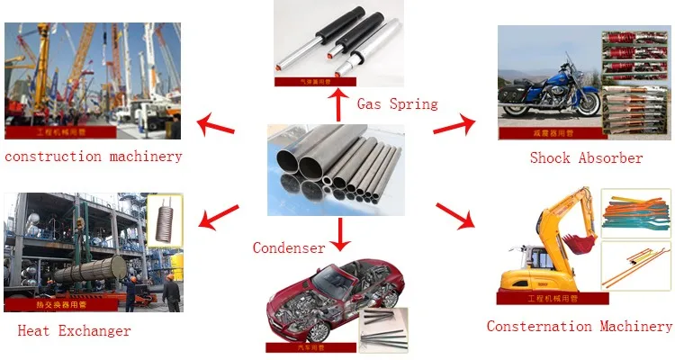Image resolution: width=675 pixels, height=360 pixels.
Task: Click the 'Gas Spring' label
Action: tap(397, 103)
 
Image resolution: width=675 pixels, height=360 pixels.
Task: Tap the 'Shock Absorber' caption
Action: tap(586, 158)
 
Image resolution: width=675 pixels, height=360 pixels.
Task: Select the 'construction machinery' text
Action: tap(93, 157)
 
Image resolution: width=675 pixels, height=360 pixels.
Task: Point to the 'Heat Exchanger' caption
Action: tap(74, 331)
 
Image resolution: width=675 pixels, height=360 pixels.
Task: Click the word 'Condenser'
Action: tap(288, 247)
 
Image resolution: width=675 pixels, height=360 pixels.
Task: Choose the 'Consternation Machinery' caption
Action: tap(579, 327)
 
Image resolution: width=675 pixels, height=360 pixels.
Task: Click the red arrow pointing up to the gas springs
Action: tap(338, 105)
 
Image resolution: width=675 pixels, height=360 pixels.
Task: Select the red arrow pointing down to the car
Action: tap(339, 235)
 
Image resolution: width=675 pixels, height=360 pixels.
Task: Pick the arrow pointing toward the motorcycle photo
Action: tap(455, 124)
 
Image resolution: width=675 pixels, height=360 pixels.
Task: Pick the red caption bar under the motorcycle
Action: tap(549, 133)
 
